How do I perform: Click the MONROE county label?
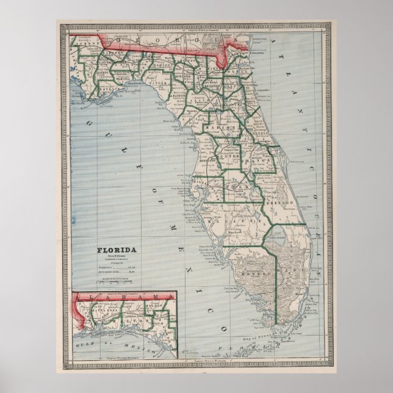coord(261,275)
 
